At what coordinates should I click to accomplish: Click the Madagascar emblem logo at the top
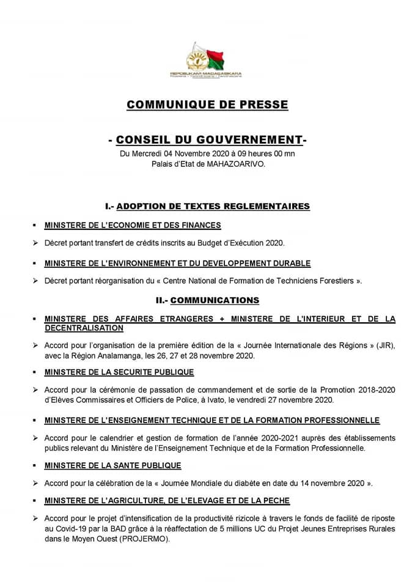point(207,59)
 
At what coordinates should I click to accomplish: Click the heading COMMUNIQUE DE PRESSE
point(207,105)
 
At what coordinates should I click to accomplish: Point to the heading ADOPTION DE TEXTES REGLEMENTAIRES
point(213,206)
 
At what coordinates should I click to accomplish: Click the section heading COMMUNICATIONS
point(215,300)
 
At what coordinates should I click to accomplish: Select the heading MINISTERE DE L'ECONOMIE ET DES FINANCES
point(133,225)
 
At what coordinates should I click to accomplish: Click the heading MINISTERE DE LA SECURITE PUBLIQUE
point(119,372)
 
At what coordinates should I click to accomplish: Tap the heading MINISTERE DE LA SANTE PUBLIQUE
point(112,465)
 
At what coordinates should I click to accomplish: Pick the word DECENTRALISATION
point(84,328)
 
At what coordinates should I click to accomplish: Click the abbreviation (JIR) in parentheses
point(385,345)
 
